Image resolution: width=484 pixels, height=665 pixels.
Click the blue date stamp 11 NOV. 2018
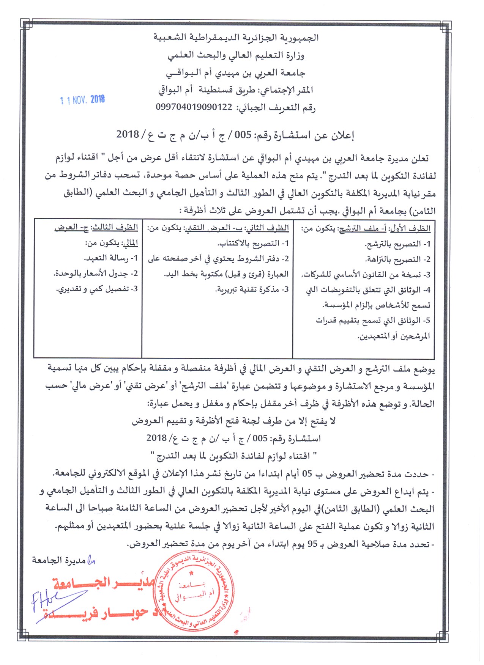tap(82, 100)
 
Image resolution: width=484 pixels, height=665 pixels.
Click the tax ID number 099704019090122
tap(194, 107)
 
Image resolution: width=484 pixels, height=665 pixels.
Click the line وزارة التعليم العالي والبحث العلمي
tap(236, 55)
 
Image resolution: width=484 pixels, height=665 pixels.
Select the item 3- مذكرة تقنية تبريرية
tap(252, 289)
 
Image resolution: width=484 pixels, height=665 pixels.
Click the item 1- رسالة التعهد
tap(111, 258)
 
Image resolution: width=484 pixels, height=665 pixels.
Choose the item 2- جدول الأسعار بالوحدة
tap(96, 274)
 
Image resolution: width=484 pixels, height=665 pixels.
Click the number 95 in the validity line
tap(312, 544)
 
